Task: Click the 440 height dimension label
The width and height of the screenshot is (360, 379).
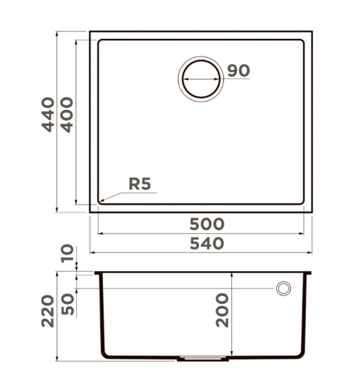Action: pyautogui.click(x=48, y=114)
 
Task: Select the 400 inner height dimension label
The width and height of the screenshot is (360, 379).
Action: pyautogui.click(x=66, y=114)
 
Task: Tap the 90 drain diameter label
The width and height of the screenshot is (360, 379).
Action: pyautogui.click(x=239, y=71)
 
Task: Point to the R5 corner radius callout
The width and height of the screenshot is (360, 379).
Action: pyautogui.click(x=140, y=183)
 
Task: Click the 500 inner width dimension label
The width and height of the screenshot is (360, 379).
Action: pyautogui.click(x=207, y=224)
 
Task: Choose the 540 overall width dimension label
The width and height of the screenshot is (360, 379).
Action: pyautogui.click(x=207, y=244)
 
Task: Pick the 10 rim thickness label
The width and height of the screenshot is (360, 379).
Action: pyautogui.click(x=67, y=253)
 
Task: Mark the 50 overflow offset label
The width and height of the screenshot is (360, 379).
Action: pyautogui.click(x=67, y=304)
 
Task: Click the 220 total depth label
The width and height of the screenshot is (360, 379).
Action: pyautogui.click(x=47, y=311)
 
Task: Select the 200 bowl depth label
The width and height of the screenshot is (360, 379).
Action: pyautogui.click(x=222, y=310)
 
